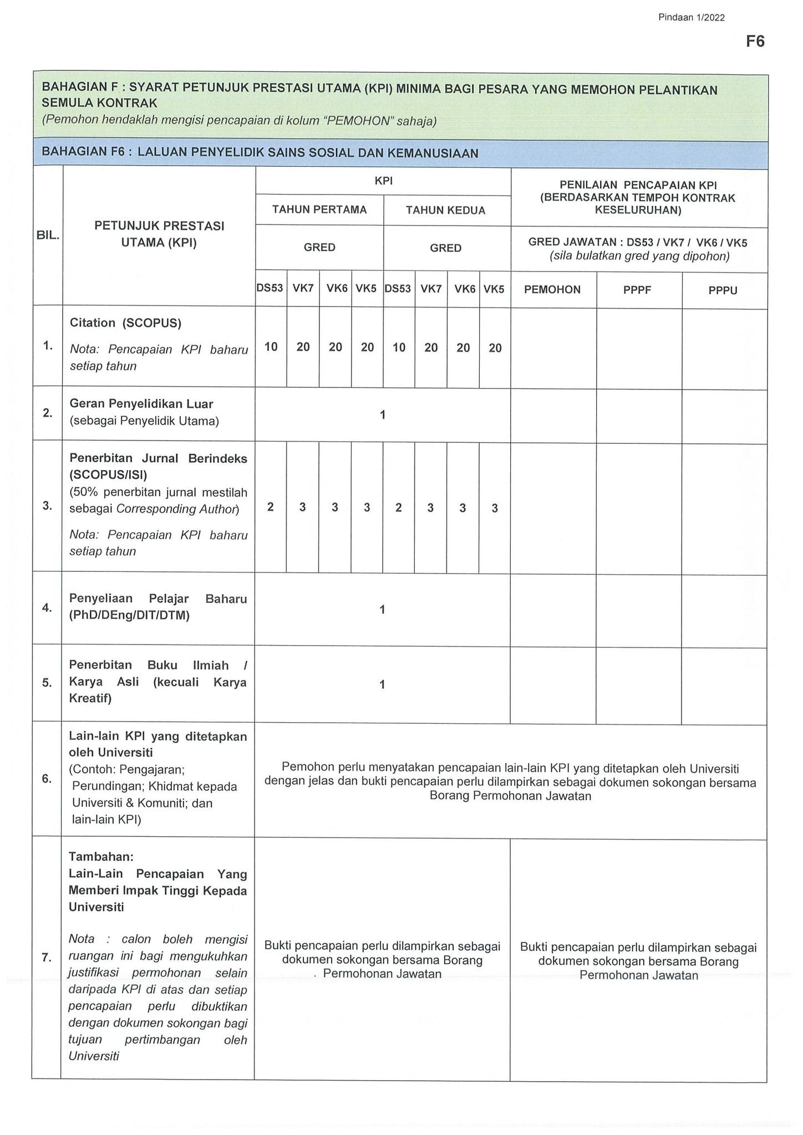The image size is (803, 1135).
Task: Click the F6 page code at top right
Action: (x=755, y=42)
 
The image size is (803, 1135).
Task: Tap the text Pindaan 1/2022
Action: (x=691, y=18)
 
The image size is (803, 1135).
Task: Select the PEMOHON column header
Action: (x=552, y=289)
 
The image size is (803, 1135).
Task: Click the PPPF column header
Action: (x=637, y=290)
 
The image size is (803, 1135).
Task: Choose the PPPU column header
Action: (x=723, y=290)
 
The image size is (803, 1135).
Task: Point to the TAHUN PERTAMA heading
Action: (x=319, y=209)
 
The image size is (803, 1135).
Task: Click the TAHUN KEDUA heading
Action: (x=445, y=210)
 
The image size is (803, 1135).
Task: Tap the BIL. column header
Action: (x=48, y=235)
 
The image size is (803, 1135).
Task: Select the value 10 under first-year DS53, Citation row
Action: (x=271, y=347)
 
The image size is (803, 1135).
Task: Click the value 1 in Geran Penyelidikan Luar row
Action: (x=382, y=414)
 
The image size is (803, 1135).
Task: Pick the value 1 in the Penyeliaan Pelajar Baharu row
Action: (x=382, y=610)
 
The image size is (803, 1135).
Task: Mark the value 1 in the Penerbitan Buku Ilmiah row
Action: (x=382, y=684)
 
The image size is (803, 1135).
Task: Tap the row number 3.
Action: (x=47, y=505)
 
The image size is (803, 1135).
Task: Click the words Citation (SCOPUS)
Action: (x=125, y=323)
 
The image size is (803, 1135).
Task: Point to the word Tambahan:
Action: (x=101, y=856)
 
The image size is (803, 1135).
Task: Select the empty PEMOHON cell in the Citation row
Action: (x=553, y=347)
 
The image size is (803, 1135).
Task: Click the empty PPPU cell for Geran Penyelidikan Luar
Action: (x=724, y=415)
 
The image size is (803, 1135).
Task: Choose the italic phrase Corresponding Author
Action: (x=176, y=509)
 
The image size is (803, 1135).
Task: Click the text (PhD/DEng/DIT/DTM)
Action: (x=129, y=615)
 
